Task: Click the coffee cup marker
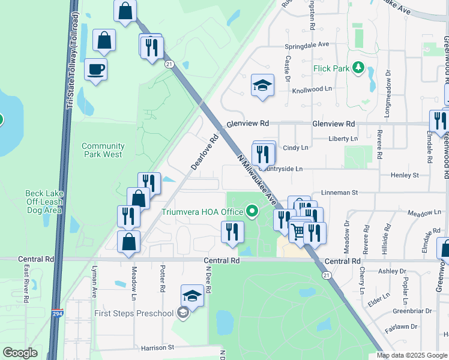(x=96, y=70)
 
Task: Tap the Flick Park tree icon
(x=358, y=68)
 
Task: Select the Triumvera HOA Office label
(x=202, y=212)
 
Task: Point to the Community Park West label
(x=103, y=150)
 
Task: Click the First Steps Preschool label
(x=133, y=313)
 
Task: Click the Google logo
(x=20, y=353)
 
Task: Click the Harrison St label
(x=157, y=347)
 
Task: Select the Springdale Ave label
(x=307, y=44)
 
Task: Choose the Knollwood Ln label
(x=312, y=89)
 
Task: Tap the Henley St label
(x=404, y=175)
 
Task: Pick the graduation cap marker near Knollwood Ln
(x=262, y=86)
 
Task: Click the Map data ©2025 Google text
(x=412, y=355)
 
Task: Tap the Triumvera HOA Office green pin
(x=252, y=211)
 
